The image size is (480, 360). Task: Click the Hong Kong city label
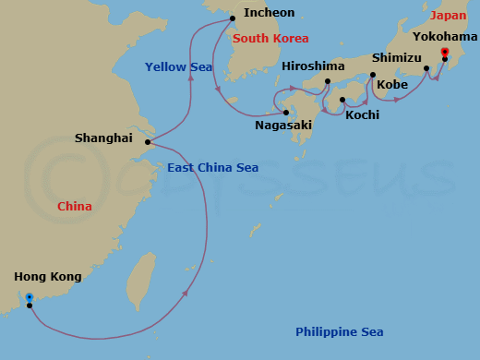(x=48, y=277)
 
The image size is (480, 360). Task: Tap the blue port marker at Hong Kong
(x=30, y=297)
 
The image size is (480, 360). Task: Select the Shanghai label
(x=103, y=138)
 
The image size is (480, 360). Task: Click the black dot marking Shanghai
(x=148, y=142)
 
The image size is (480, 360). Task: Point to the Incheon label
(x=270, y=13)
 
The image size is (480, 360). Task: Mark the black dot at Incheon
(x=233, y=18)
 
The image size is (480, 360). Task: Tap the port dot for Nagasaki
(x=286, y=112)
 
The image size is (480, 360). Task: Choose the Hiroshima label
(x=313, y=66)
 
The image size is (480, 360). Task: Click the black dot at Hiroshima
(x=328, y=81)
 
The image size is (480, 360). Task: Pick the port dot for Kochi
(x=342, y=100)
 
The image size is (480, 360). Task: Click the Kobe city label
(x=392, y=84)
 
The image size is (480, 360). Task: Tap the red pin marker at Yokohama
(x=445, y=53)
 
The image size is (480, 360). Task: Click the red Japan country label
(x=448, y=16)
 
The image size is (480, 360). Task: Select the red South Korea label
(x=270, y=39)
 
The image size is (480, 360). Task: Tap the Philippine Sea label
(x=339, y=332)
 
